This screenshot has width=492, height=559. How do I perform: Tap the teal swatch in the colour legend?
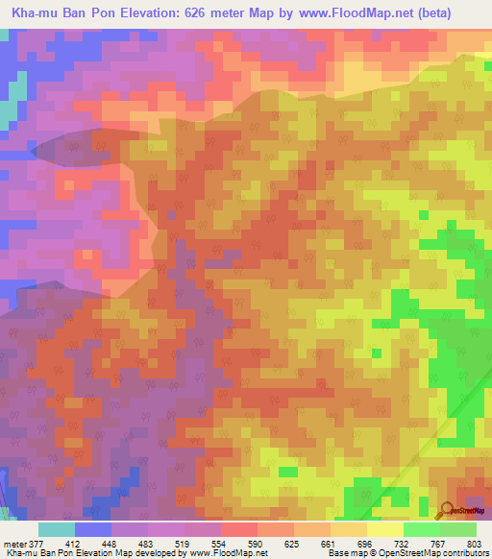click(x=57, y=529)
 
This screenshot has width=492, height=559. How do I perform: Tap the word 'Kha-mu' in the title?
click(x=36, y=14)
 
